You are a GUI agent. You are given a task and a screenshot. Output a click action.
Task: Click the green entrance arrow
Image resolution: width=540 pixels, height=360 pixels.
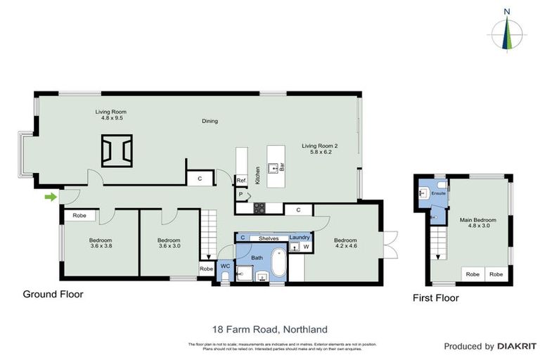51,197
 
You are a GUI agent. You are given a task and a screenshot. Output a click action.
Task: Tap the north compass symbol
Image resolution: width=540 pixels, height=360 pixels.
506,32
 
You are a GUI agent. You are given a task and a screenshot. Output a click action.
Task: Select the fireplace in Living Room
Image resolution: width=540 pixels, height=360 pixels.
117,150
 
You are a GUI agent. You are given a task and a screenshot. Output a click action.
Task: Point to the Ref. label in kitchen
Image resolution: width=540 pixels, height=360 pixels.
241,180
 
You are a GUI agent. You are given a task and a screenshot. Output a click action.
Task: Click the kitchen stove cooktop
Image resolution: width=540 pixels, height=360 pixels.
259,208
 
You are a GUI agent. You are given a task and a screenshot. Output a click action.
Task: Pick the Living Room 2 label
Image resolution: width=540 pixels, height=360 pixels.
320,149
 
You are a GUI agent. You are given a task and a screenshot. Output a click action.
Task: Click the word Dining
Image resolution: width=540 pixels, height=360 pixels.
210,121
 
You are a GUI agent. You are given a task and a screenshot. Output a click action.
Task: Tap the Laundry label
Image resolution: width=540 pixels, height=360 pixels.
300,238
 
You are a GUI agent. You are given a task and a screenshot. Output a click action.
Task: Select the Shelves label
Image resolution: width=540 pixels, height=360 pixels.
269,238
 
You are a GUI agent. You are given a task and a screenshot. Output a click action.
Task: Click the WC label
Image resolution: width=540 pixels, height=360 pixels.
225,266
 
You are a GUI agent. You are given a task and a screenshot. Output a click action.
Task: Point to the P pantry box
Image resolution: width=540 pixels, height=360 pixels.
241,194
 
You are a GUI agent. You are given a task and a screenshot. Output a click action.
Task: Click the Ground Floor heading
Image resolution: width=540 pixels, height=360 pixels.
53,295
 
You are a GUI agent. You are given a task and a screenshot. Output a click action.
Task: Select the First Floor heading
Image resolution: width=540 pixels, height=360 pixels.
435,298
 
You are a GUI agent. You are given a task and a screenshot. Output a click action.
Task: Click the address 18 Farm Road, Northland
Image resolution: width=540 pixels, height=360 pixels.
269,329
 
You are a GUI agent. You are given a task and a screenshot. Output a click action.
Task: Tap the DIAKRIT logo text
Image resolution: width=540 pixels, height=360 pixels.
517,347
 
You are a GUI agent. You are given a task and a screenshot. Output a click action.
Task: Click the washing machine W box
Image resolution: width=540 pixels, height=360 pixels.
307,247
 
